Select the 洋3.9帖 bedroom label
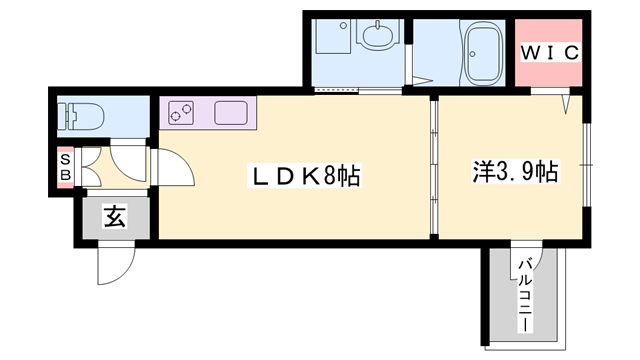tap(515, 171)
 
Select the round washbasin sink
tap(377, 37)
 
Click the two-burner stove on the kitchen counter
tap(182, 113)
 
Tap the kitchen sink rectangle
tap(229, 112)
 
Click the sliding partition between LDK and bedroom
tap(434, 170)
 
